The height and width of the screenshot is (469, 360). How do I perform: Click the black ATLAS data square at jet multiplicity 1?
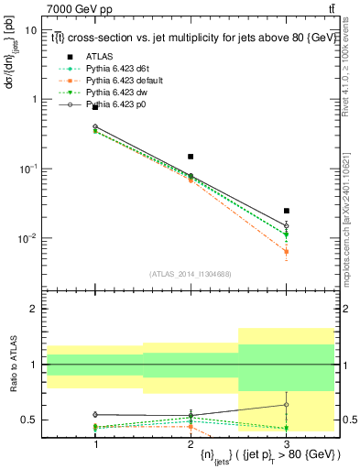(95, 107)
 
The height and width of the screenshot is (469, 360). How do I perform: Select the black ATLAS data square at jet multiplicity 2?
(191, 157)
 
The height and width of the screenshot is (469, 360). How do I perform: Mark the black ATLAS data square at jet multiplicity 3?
(287, 211)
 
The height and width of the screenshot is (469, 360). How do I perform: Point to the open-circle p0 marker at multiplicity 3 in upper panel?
(287, 225)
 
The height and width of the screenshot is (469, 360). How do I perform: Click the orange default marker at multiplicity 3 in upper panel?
(287, 251)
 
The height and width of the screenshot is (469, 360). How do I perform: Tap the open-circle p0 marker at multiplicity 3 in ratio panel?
(287, 404)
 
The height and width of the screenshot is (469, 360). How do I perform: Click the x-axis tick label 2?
(191, 443)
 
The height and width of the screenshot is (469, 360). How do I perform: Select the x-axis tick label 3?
(287, 443)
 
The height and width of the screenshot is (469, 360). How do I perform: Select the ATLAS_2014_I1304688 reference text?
(191, 274)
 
